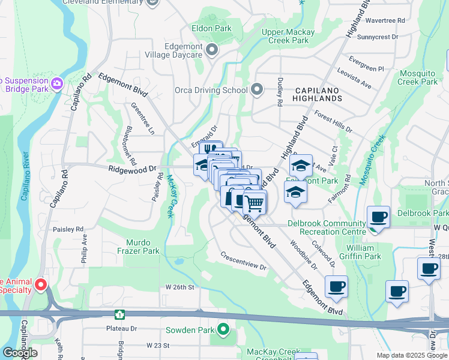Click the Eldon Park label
[x=211, y=28]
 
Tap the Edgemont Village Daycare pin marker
[x=211, y=50]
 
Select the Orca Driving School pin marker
[x=258, y=90]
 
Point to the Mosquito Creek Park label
[x=418, y=77]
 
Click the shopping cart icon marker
[x=255, y=204]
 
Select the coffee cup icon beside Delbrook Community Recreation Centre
[x=378, y=217]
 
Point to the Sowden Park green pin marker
[x=223, y=329]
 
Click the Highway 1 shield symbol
[x=120, y=314]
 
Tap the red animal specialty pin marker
[x=41, y=284]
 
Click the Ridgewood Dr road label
[x=131, y=170]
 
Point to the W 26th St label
[x=180, y=287]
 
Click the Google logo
[x=20, y=353]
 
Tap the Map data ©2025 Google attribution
[x=411, y=355]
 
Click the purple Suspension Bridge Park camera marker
[x=58, y=83]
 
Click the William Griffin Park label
[x=363, y=252]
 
